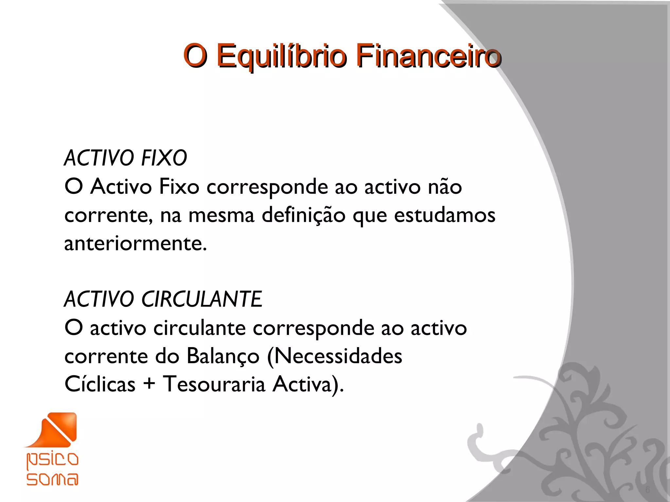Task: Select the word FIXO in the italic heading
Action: click(x=164, y=158)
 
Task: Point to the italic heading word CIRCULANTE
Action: click(x=202, y=299)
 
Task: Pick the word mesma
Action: click(x=221, y=215)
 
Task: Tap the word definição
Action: click(x=303, y=215)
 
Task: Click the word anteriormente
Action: click(x=135, y=244)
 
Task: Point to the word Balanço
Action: click(x=223, y=356)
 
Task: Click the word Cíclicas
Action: click(x=100, y=384)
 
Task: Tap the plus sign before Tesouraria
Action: click(x=149, y=384)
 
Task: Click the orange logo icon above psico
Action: click(x=56, y=429)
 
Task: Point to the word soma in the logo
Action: click(x=52, y=479)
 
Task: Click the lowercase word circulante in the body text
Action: click(x=200, y=328)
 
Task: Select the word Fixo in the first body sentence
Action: click(x=179, y=187)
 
